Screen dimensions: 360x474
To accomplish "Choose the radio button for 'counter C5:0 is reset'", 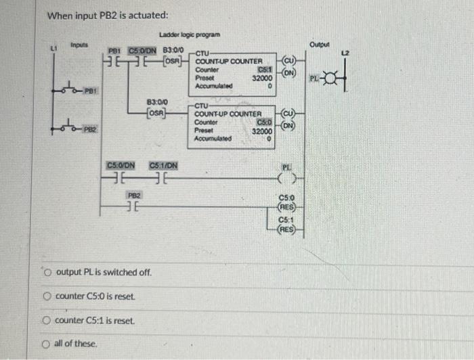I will pyautogui.click(x=47, y=296).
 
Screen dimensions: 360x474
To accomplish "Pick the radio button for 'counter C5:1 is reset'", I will pyautogui.click(x=47, y=320).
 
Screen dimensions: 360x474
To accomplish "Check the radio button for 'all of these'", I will pyautogui.click(x=47, y=344).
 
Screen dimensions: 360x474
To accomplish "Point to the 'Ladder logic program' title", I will pyautogui.click(x=189, y=35).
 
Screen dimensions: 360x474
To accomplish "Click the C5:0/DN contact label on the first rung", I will pyautogui.click(x=142, y=49).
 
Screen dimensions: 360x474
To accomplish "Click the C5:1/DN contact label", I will pyautogui.click(x=163, y=165).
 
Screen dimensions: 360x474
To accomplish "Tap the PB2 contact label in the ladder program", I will pyautogui.click(x=134, y=194).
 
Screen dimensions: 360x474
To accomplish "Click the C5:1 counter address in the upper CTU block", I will pyautogui.click(x=265, y=70).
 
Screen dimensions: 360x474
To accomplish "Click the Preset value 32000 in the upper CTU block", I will pyautogui.click(x=262, y=78).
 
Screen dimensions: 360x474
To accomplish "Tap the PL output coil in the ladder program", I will pyautogui.click(x=286, y=179).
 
